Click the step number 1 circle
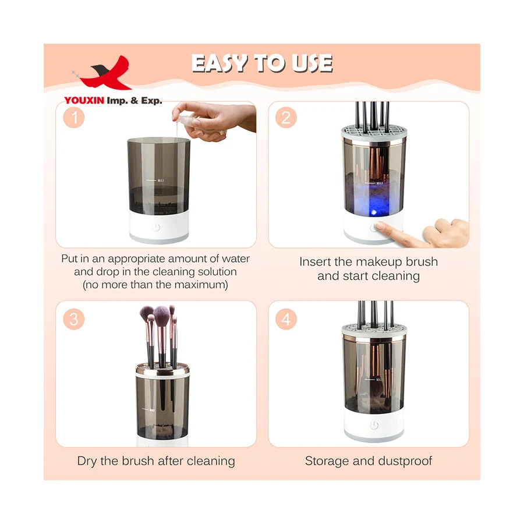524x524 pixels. [x=74, y=118]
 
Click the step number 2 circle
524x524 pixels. [x=286, y=118]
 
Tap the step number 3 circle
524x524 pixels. [x=74, y=319]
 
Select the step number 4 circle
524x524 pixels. [x=286, y=319]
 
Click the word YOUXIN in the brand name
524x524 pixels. [x=84, y=101]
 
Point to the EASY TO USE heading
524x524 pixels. [x=262, y=63]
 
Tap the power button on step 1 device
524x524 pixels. [x=156, y=227]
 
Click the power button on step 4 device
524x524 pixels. [x=374, y=426]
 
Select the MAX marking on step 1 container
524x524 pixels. [x=161, y=180]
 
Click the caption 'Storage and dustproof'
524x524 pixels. [x=369, y=461]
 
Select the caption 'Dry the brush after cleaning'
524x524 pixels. [x=156, y=461]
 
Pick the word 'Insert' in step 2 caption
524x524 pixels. [x=315, y=262]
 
